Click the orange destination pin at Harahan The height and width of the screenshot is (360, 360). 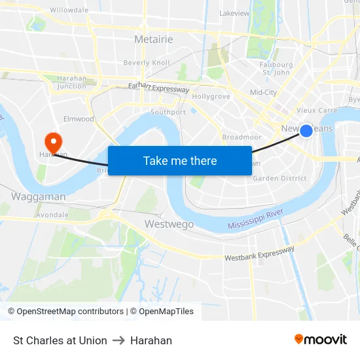pyautogui.click(x=52, y=141)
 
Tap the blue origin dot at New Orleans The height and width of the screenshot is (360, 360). pyautogui.click(x=306, y=130)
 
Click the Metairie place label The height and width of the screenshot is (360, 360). pyautogui.click(x=153, y=39)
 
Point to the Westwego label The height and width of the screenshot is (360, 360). pyautogui.click(x=169, y=225)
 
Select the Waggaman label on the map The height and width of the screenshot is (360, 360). pyautogui.click(x=39, y=196)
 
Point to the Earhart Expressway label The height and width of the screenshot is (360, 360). pyautogui.click(x=158, y=88)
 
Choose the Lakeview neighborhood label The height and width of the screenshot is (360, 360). pyautogui.click(x=234, y=13)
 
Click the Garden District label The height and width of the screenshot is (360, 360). pyautogui.click(x=279, y=178)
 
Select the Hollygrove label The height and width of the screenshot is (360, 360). pyautogui.click(x=211, y=96)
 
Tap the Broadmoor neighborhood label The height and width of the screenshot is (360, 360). pyautogui.click(x=242, y=137)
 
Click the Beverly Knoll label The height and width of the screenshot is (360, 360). pyautogui.click(x=147, y=63)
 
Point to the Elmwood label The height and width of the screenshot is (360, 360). pyautogui.click(x=79, y=119)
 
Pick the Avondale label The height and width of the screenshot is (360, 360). pyautogui.click(x=52, y=215)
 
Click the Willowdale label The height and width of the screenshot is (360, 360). pyautogui.click(x=69, y=10)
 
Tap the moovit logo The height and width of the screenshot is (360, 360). pyautogui.click(x=320, y=339)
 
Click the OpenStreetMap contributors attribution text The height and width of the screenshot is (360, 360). pyautogui.click(x=65, y=312)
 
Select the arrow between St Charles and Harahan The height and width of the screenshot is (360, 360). pyautogui.click(x=118, y=340)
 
